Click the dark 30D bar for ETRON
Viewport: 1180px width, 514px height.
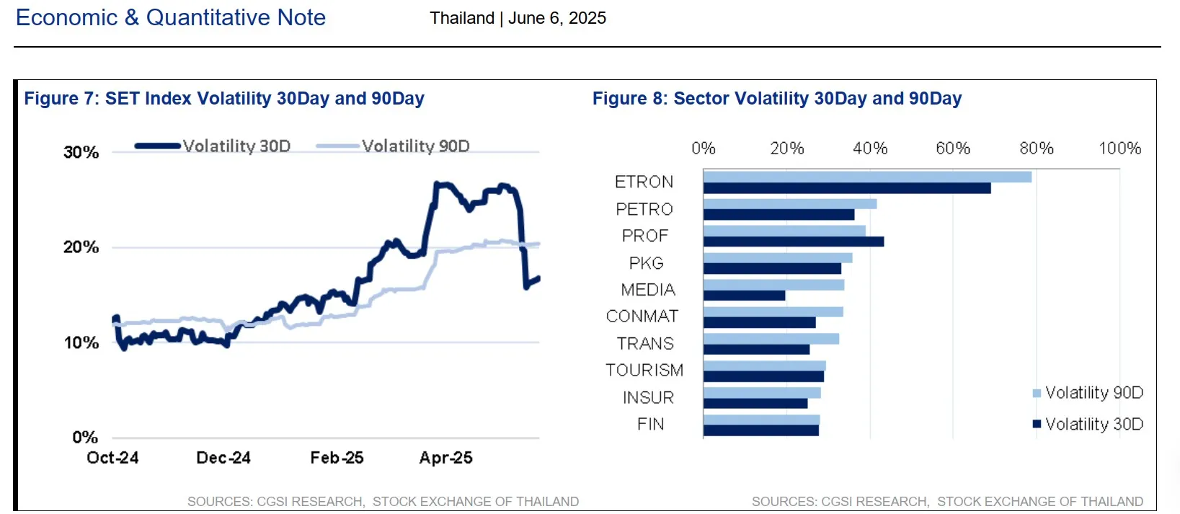click(846, 188)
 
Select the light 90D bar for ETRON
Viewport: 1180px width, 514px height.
click(866, 177)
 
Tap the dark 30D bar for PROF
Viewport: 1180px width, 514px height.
click(793, 242)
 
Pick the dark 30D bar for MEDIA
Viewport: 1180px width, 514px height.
click(744, 296)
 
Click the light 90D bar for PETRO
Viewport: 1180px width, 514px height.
click(789, 204)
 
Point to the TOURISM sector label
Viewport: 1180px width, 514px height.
click(644, 371)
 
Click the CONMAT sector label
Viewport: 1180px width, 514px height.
click(642, 316)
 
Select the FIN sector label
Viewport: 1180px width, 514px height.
click(650, 425)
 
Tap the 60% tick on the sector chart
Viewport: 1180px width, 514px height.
click(952, 149)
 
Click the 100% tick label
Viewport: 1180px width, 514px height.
click(1119, 149)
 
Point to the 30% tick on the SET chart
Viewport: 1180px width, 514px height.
click(81, 152)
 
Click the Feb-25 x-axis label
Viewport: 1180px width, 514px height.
click(337, 458)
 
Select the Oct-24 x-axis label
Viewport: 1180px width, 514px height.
click(112, 458)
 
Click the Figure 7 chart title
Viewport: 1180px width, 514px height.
click(224, 99)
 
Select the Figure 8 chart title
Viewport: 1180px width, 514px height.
click(776, 99)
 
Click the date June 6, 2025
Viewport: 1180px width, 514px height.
click(556, 18)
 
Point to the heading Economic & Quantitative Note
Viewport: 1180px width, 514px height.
click(171, 17)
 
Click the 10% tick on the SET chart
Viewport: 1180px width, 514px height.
click(81, 343)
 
